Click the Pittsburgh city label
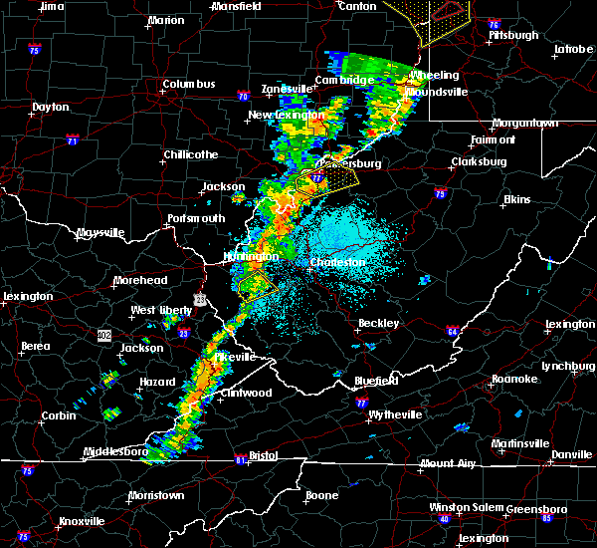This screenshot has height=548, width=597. tap(513, 35)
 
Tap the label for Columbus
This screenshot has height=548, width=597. tap(189, 84)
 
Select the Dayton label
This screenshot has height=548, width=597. tap(51, 107)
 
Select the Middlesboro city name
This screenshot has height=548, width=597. tap(115, 451)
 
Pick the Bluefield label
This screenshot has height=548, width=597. tap(377, 381)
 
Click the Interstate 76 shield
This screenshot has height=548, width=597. tap(494, 24)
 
